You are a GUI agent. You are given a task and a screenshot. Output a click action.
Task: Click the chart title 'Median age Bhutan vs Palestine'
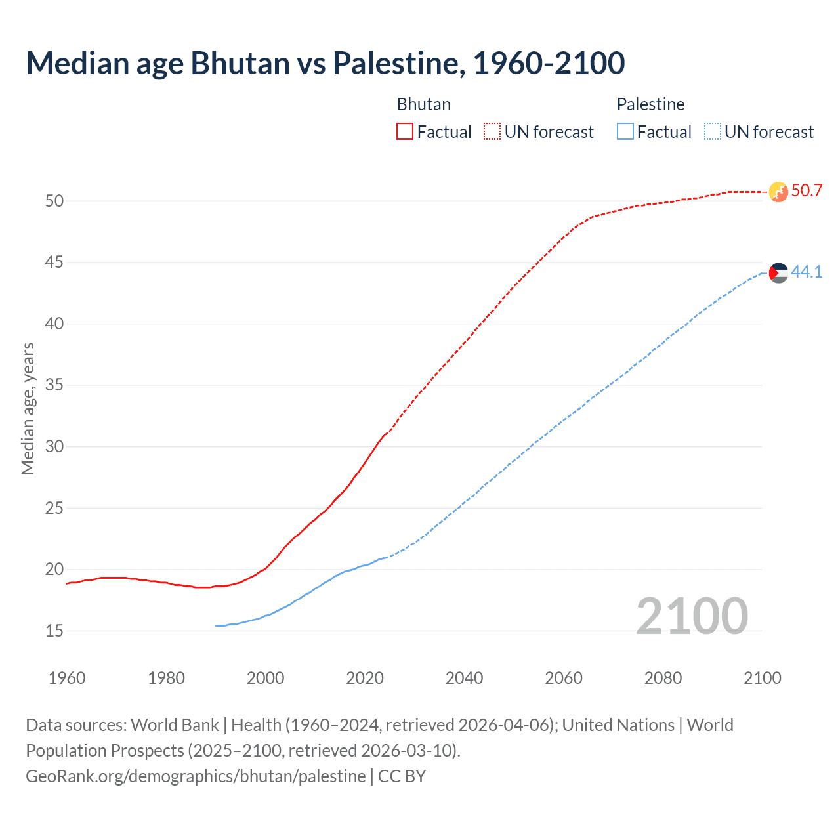(x=325, y=64)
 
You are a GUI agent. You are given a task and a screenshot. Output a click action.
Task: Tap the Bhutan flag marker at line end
(x=778, y=192)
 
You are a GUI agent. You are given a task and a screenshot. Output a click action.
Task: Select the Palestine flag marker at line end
(x=778, y=272)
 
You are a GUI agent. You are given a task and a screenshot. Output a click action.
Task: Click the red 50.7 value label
(x=807, y=191)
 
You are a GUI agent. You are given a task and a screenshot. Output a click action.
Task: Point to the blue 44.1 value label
(x=807, y=272)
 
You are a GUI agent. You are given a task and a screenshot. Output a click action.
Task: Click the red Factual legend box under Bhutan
(x=405, y=132)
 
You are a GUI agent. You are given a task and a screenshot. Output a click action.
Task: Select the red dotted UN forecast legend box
(x=492, y=132)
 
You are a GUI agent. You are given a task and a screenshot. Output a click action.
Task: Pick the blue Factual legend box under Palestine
(x=625, y=132)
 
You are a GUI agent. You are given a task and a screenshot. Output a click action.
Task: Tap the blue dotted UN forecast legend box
(x=712, y=132)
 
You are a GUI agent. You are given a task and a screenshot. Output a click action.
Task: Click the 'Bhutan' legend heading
(x=423, y=104)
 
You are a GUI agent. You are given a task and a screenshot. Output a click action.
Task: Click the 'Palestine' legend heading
(x=650, y=104)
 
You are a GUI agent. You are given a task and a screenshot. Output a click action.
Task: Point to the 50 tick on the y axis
(x=54, y=201)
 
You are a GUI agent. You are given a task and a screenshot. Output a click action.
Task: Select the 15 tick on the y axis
(x=54, y=631)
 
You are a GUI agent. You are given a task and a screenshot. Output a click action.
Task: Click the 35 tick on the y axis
(x=54, y=385)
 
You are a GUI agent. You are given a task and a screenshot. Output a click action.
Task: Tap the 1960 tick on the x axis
(x=67, y=678)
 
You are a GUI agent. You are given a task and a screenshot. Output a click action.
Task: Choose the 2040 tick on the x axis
(x=464, y=678)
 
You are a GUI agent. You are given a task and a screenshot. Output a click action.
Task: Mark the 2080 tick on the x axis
(x=663, y=678)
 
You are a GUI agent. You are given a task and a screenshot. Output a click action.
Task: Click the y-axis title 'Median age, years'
(x=28, y=408)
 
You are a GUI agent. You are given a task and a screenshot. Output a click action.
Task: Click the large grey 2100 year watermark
(x=692, y=616)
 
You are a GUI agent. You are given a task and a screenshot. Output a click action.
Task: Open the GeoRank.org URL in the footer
(x=196, y=776)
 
